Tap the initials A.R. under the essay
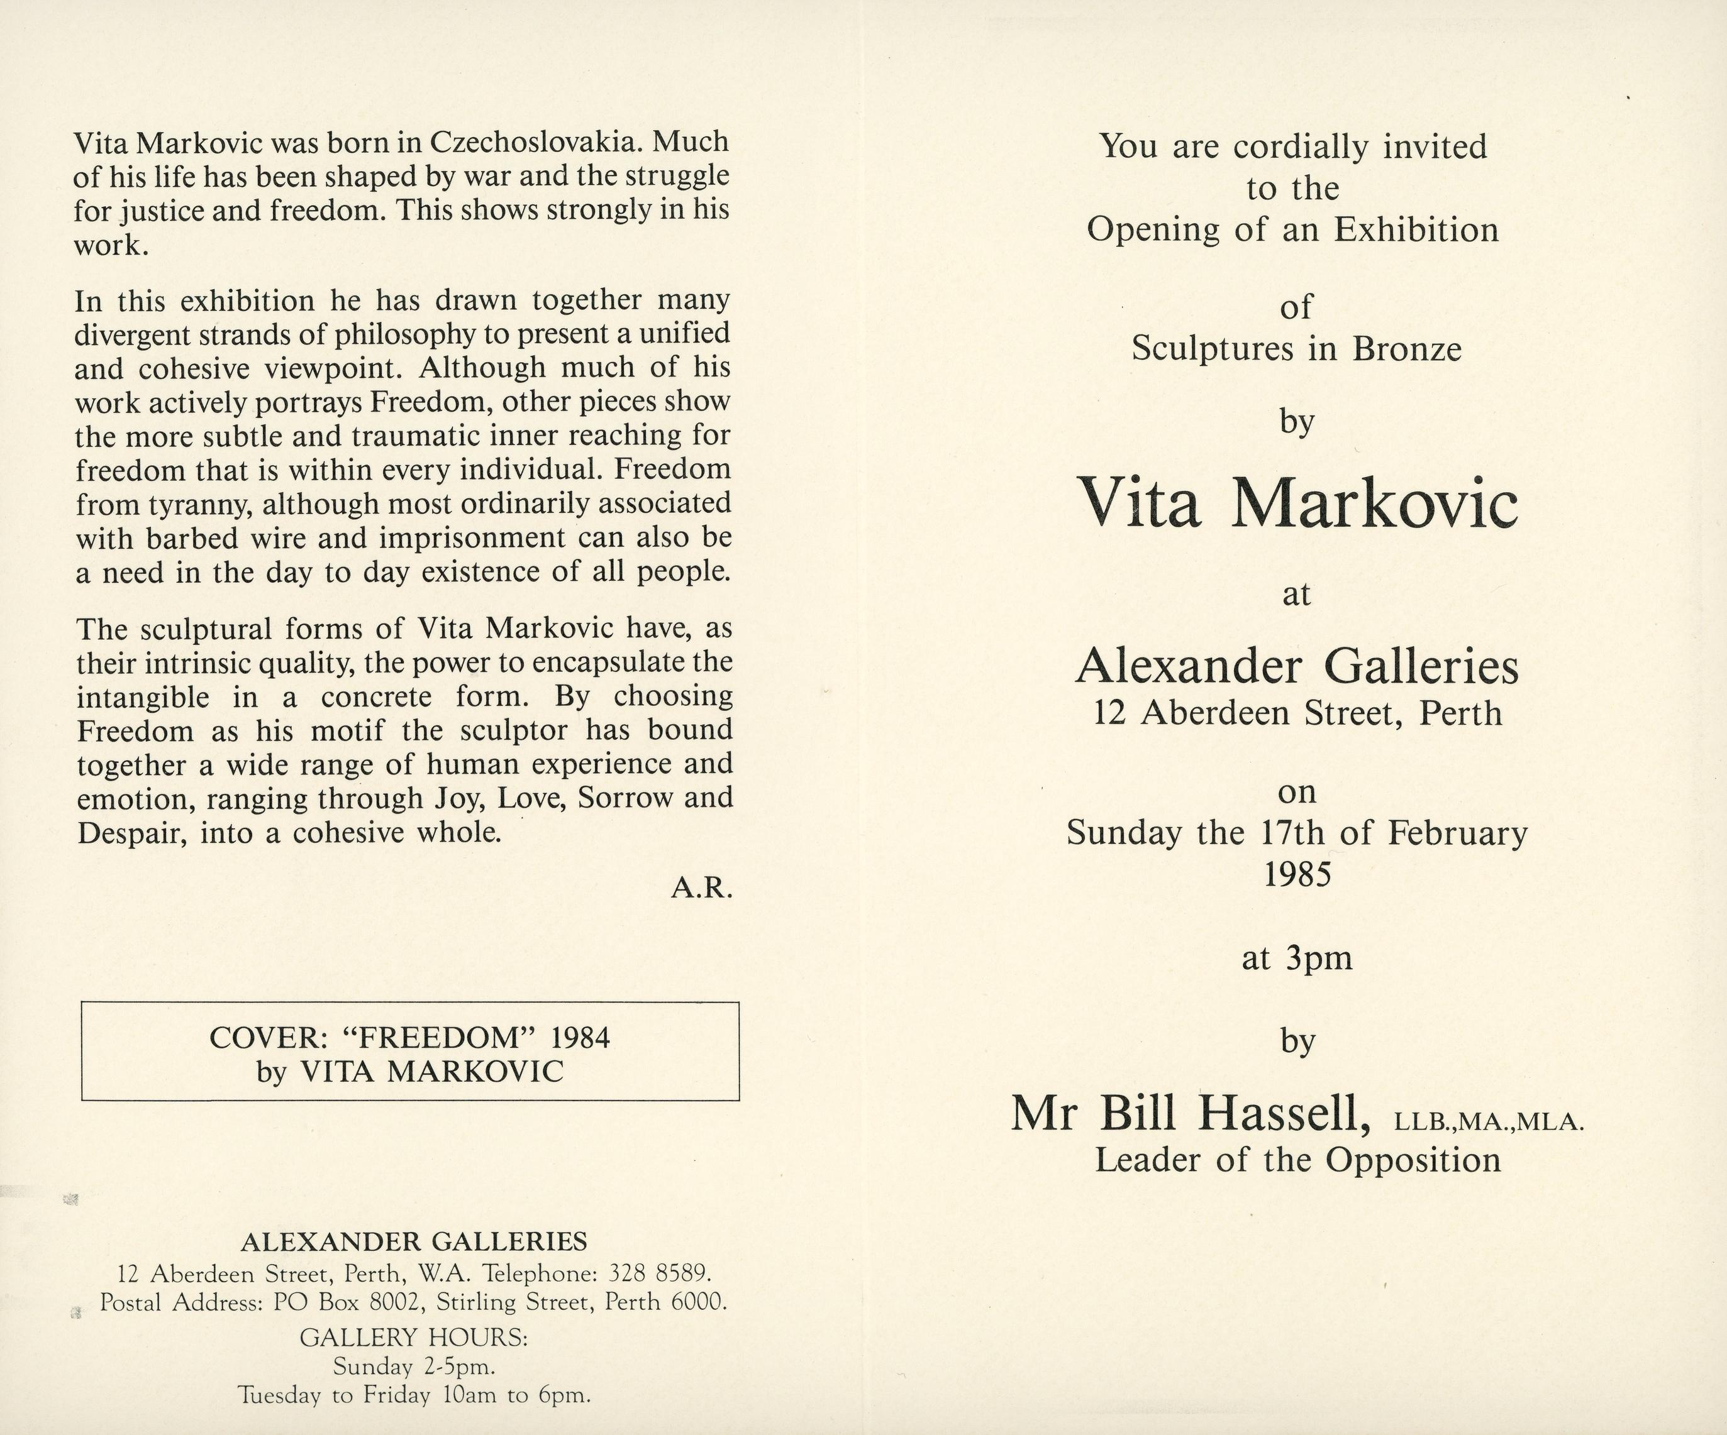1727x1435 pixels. coord(701,888)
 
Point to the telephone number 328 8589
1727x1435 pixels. coord(658,1274)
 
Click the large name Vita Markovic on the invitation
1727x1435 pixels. coord(1297,504)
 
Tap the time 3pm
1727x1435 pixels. coord(1318,959)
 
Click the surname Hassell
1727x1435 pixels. coord(1283,1115)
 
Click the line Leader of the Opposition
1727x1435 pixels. coord(1297,1160)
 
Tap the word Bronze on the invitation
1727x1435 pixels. coord(1407,349)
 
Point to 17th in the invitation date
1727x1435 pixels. coord(1292,833)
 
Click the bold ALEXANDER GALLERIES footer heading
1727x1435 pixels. coord(414,1241)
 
